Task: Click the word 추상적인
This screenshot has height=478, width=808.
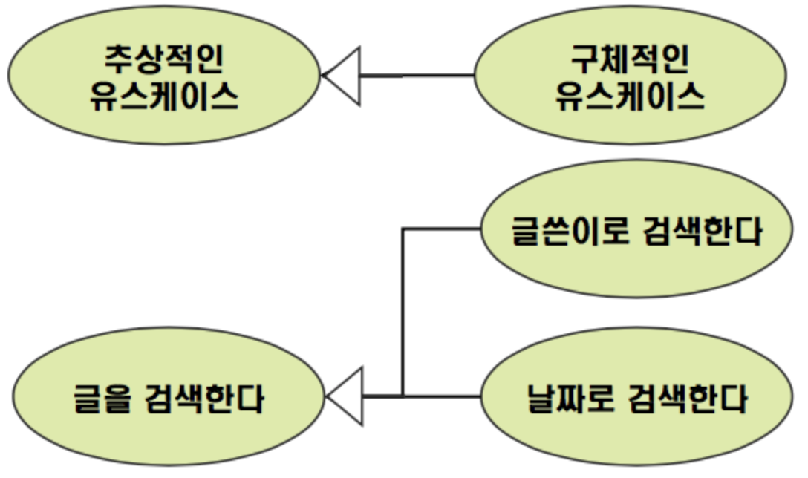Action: tap(164, 59)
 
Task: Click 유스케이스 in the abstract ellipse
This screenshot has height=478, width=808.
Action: tap(164, 96)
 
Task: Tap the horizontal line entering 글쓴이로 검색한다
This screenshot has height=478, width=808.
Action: tap(442, 229)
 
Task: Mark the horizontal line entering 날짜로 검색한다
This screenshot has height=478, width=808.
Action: tap(442, 396)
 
